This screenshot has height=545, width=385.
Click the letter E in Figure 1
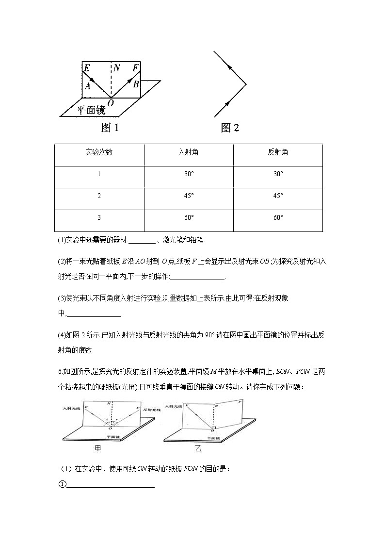(87, 67)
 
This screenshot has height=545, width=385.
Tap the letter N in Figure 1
(117, 67)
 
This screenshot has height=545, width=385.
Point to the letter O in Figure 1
(111, 102)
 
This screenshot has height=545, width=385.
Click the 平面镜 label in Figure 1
(91, 110)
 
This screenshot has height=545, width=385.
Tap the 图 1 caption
(110, 128)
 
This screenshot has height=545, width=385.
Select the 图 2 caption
(230, 128)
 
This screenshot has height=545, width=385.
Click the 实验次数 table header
(99, 152)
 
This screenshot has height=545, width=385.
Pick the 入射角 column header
(189, 152)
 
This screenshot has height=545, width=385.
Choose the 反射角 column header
(278, 152)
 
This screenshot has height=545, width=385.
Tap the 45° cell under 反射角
(278, 196)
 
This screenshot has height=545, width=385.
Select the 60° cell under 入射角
(189, 217)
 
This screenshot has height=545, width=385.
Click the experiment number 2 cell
(99, 196)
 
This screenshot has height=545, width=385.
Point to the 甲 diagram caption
(98, 449)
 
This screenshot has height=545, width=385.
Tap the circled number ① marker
(61, 484)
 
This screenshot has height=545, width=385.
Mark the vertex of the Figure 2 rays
(246, 84)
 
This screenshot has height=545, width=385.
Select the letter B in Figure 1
(136, 84)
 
